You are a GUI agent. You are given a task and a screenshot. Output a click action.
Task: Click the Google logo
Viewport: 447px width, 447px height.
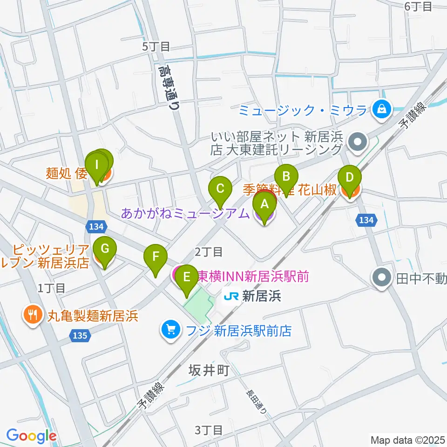[32, 436]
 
